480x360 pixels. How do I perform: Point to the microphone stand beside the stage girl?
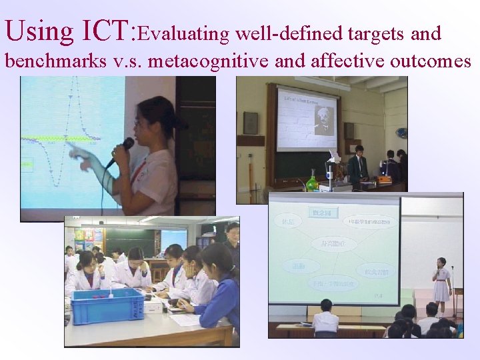[x=453, y=290]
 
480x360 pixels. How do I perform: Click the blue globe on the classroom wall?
[x=401, y=133]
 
